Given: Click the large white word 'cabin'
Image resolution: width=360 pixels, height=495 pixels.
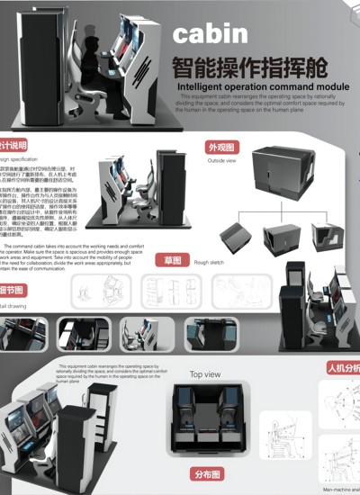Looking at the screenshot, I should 210,34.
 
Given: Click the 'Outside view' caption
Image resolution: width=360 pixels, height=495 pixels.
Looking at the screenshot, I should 221,161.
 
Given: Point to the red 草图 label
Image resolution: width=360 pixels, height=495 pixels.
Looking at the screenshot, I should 173,261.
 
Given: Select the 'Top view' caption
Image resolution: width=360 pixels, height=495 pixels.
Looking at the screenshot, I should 204,374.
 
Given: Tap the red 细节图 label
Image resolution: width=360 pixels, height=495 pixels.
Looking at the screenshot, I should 11,291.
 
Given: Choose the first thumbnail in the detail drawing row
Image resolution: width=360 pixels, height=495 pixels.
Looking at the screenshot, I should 27,334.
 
